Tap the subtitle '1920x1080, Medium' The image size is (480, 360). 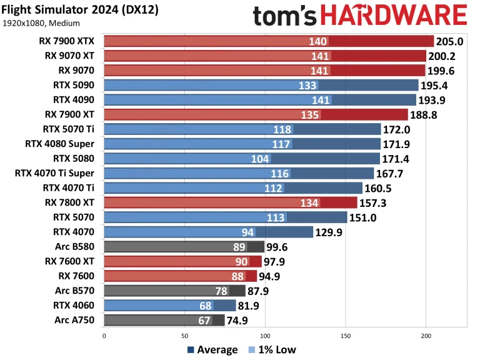41,23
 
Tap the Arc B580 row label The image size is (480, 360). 74,246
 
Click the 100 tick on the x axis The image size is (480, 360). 265,336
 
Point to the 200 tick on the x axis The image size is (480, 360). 426,336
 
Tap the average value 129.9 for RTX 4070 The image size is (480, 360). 329,232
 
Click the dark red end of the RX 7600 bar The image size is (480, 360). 251,276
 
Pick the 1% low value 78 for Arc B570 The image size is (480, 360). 221,291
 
